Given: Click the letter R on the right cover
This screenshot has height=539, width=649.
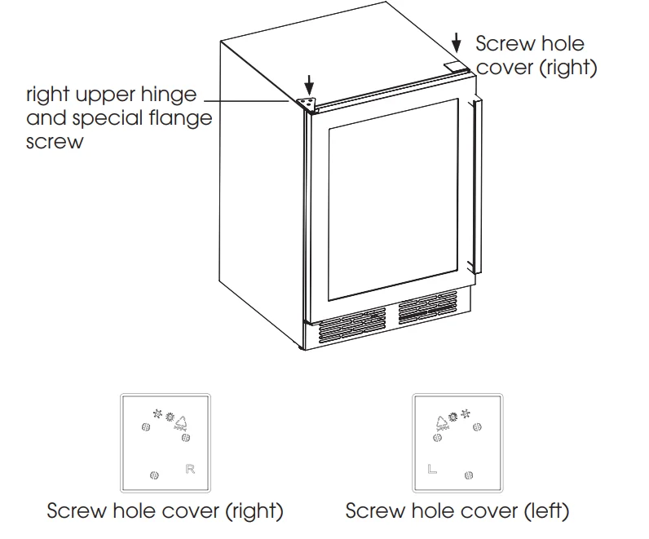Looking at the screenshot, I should pyautogui.click(x=190, y=469).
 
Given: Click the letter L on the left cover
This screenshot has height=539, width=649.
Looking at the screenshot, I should pyautogui.click(x=432, y=469).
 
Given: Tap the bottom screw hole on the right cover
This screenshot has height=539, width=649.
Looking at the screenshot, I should pyautogui.click(x=153, y=475).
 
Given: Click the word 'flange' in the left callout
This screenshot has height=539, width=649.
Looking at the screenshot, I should pyautogui.click(x=180, y=118).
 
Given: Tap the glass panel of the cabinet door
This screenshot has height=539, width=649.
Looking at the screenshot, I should pyautogui.click(x=391, y=196).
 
